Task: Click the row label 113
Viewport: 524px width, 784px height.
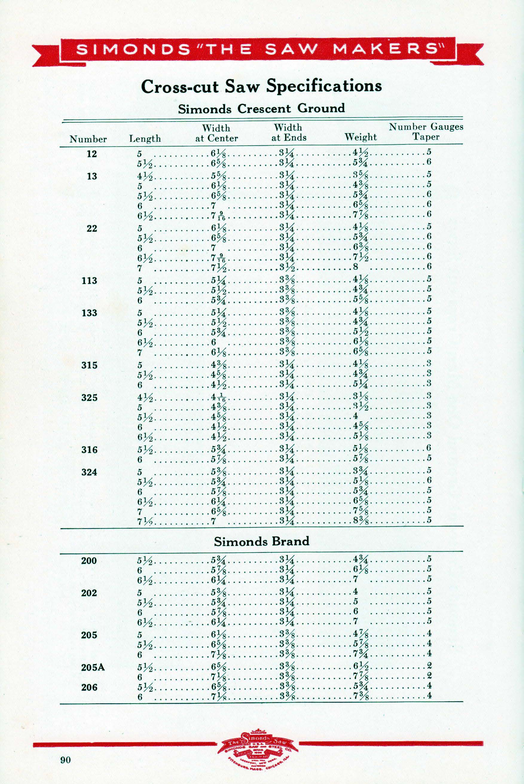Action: pos(89,280)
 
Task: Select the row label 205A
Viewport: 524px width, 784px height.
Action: pos(93,667)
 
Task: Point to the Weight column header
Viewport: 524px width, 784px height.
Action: pos(360,137)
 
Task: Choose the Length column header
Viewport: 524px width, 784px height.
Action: pos(145,139)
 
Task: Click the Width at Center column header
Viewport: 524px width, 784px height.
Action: pos(216,133)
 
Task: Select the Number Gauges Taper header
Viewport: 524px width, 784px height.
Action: pos(426,132)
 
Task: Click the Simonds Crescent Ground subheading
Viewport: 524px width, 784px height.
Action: pos(261,109)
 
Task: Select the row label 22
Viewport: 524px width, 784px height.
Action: pos(91,228)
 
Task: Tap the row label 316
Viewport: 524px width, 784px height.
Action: pos(89,449)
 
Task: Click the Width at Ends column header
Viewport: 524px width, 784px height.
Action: pos(288,132)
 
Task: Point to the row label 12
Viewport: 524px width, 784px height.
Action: pos(91,154)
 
